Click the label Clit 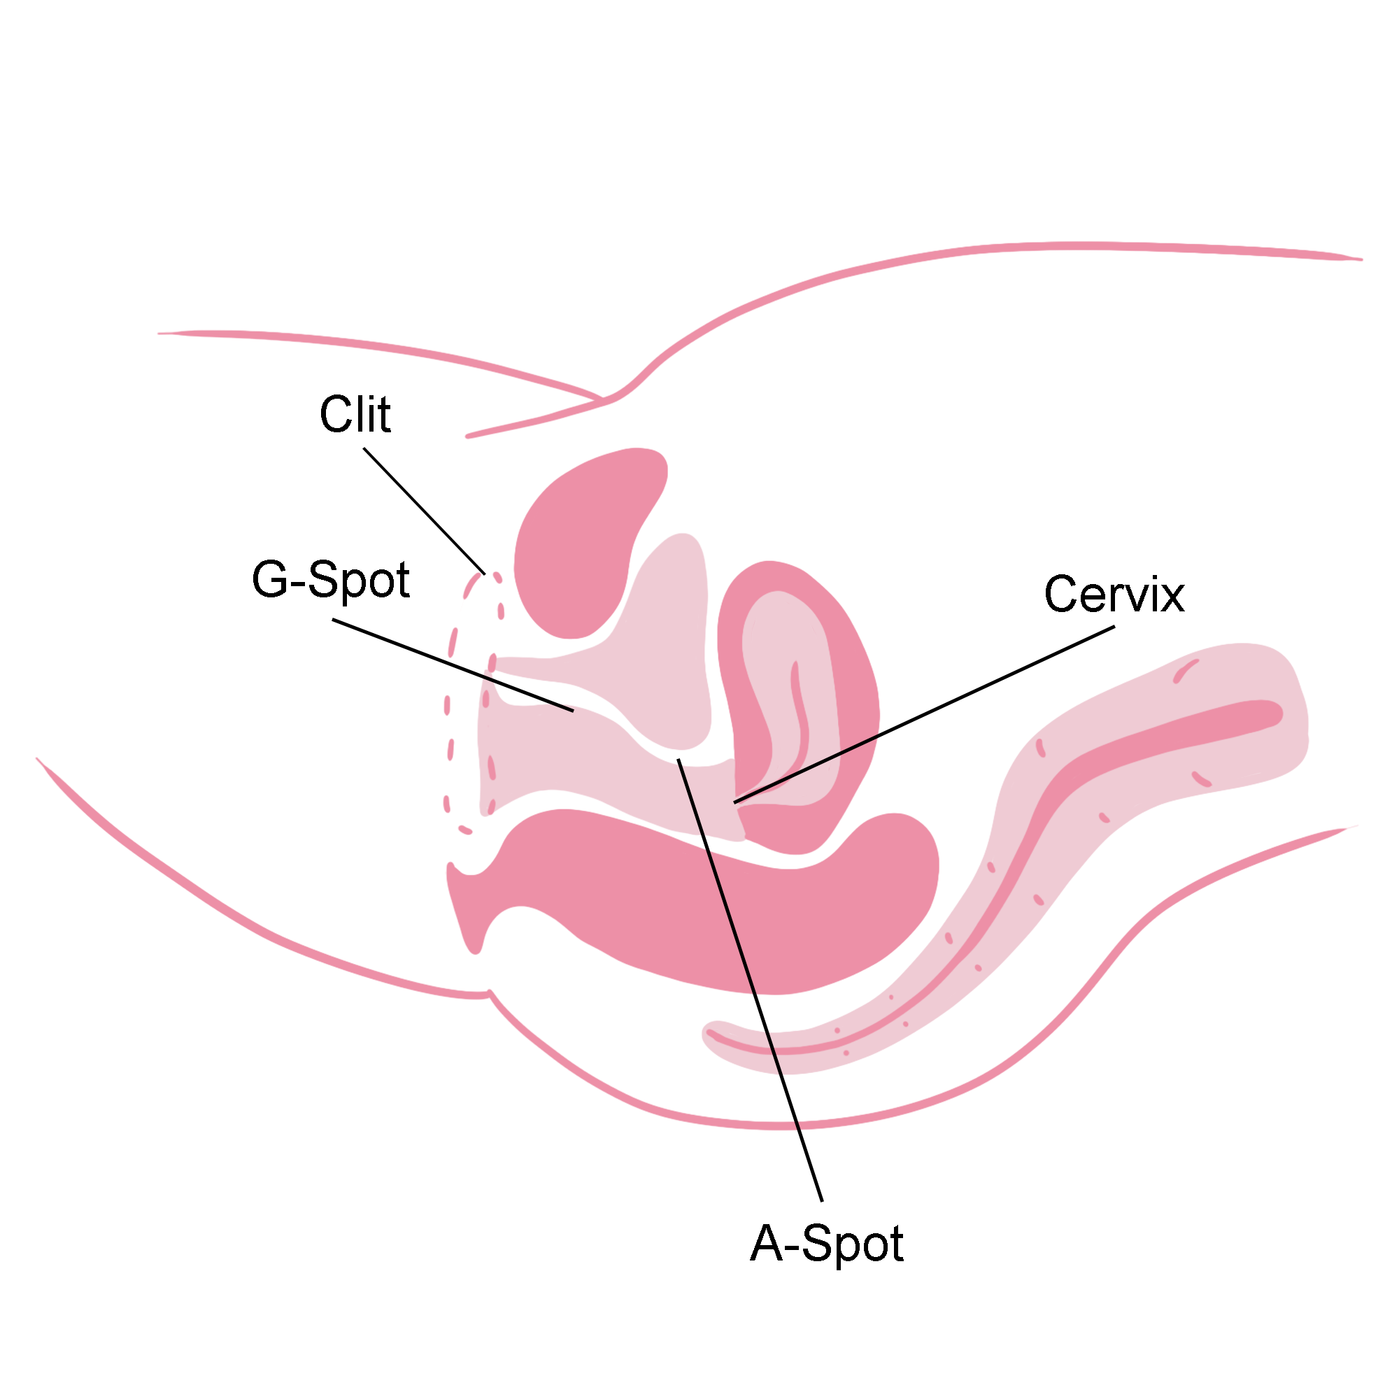[355, 415]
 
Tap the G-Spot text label [331, 581]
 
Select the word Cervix [1114, 595]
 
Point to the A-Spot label [826, 1244]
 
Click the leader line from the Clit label [425, 511]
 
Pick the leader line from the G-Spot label [453, 665]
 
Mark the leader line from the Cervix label [924, 715]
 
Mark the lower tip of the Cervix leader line [734, 803]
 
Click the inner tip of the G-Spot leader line [574, 712]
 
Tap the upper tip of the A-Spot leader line [679, 760]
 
